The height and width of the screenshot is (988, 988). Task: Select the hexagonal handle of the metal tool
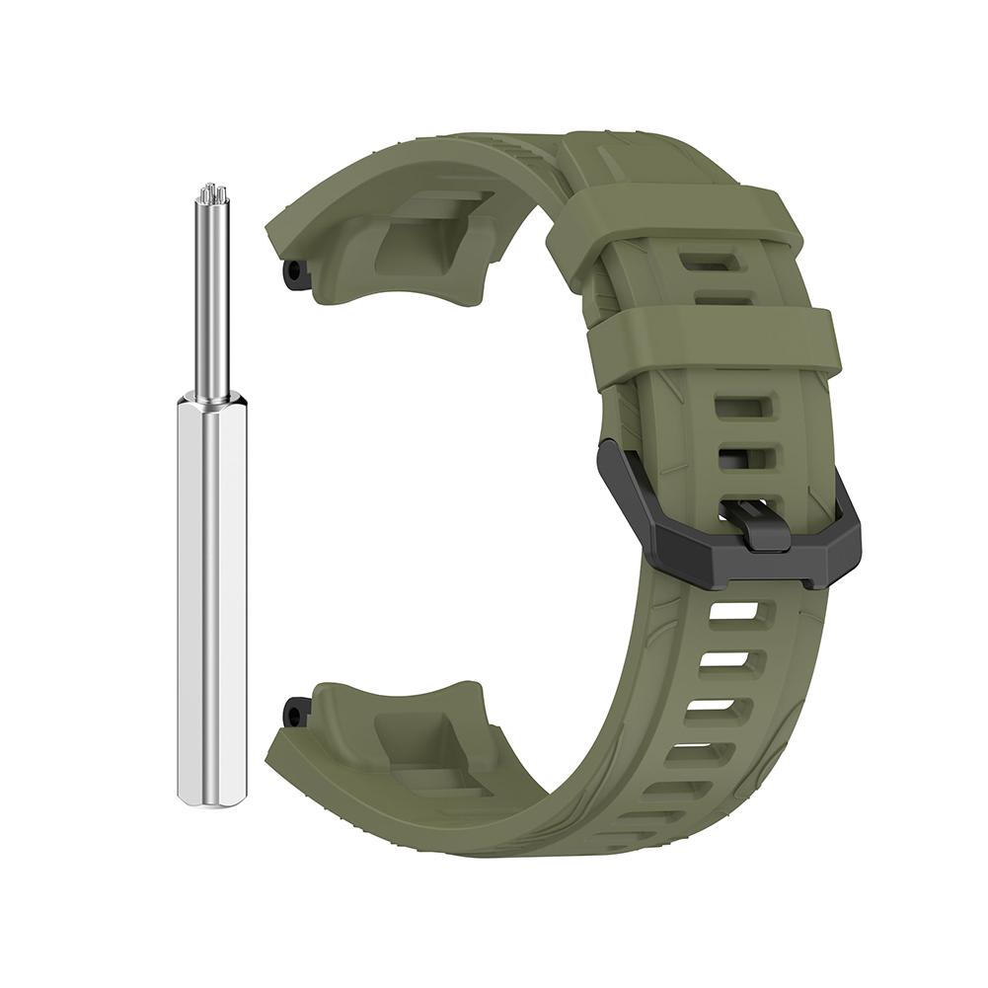tap(210, 592)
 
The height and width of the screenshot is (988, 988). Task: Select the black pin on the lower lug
tap(293, 711)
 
